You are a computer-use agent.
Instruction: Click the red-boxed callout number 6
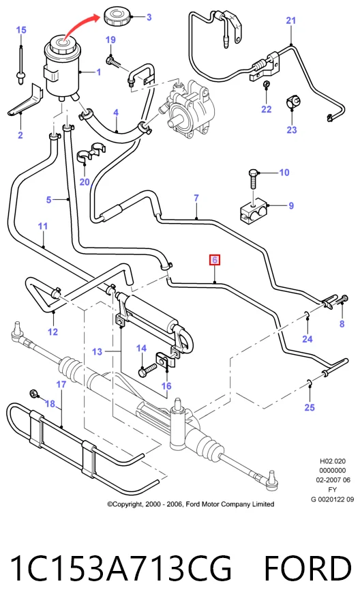point(214,260)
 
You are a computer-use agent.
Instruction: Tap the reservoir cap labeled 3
point(117,17)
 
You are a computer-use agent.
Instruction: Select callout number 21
point(290,20)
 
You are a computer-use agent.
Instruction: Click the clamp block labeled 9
point(254,211)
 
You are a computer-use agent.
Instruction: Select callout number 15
point(21,30)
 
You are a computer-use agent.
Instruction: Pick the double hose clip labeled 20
point(90,153)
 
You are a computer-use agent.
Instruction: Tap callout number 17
point(61,384)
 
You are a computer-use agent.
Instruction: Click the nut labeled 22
point(266,84)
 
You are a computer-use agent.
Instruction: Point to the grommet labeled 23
point(292,102)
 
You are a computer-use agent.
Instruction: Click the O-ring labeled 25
point(310,382)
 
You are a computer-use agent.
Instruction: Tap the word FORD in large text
point(307,568)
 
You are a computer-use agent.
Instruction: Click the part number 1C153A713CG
point(121,568)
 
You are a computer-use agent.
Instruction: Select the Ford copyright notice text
point(191,504)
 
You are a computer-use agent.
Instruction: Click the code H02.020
point(333,461)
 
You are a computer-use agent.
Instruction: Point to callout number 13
point(97,351)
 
